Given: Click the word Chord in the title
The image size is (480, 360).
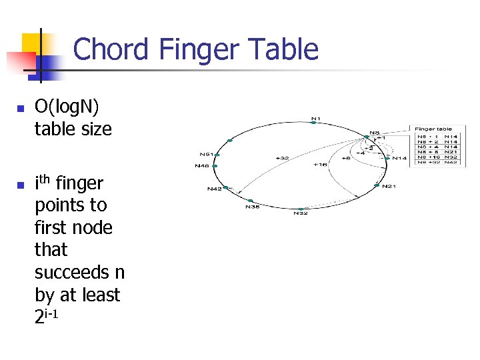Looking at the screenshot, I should coord(111,50).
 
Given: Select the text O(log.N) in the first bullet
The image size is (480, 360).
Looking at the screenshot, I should coord(69,107).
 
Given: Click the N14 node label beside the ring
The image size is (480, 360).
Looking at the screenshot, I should coord(399,158).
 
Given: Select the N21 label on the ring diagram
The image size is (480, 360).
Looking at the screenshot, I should coord(389,186).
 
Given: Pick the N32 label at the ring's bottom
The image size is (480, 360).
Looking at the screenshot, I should coord(301,213).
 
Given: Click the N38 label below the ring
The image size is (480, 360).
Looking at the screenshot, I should coord(252,207).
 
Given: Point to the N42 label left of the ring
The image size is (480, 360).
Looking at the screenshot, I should coord(213,189).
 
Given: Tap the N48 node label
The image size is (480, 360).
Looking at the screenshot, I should coord(201,165).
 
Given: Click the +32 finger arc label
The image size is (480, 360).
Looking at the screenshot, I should coord(283,158).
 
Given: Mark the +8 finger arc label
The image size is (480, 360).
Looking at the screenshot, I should coord(345,159).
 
